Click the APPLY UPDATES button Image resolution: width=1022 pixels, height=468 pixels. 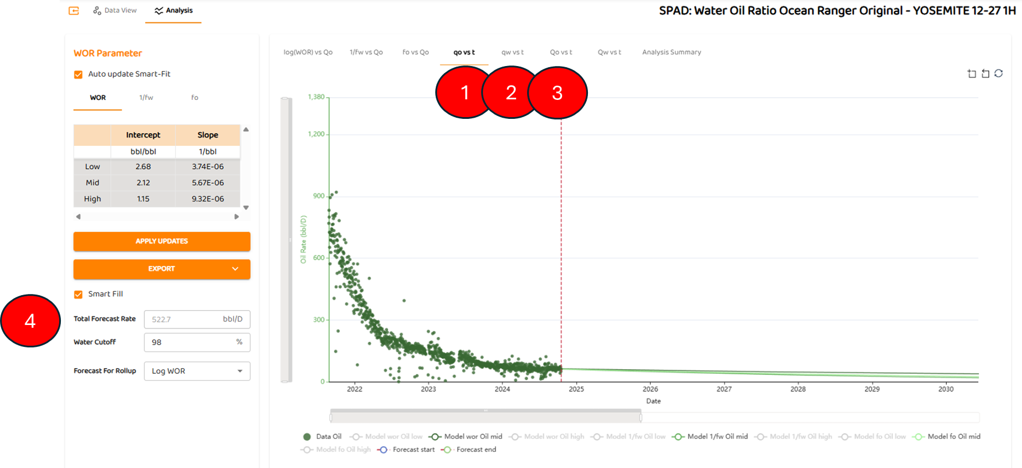[x=161, y=241]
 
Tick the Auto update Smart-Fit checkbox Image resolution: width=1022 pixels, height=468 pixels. [x=79, y=75]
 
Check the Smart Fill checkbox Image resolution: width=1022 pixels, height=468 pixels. [x=79, y=295]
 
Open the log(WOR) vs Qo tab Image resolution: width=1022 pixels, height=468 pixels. [x=308, y=52]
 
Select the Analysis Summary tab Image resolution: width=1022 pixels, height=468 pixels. [x=671, y=52]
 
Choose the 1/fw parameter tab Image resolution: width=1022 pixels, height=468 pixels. [x=146, y=98]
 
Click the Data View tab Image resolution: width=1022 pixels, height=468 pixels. [x=115, y=10]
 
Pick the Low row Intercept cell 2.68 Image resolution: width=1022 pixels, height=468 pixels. [x=143, y=167]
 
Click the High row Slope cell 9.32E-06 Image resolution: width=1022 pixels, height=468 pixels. [x=207, y=199]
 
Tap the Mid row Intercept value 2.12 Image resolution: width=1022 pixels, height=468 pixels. [x=143, y=183]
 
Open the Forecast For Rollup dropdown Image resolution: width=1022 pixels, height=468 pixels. [x=197, y=371]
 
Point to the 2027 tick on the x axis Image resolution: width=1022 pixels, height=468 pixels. [x=724, y=389]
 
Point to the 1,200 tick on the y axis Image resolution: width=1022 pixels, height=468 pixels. [x=316, y=134]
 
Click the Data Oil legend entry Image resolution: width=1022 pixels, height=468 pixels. [x=323, y=436]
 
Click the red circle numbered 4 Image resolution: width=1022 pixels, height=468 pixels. [x=30, y=320]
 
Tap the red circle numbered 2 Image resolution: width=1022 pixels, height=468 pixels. [x=511, y=92]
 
